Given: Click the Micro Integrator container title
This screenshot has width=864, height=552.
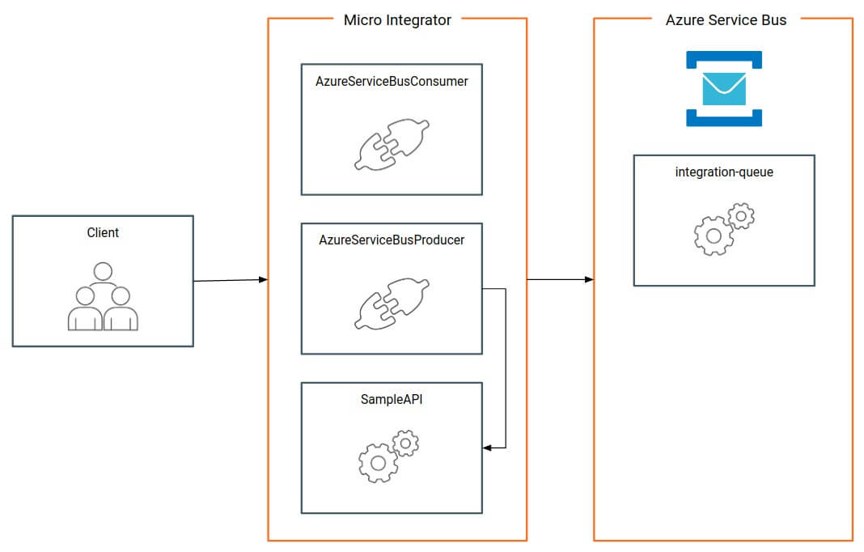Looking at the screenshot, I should pyautogui.click(x=397, y=20).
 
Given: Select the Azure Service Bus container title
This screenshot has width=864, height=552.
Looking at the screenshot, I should pyautogui.click(x=726, y=20).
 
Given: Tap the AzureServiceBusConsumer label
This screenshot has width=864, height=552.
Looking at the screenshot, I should pyautogui.click(x=392, y=81).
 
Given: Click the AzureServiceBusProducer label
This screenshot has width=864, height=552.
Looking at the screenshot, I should pyautogui.click(x=392, y=240).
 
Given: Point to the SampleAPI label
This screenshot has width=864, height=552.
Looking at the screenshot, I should pyautogui.click(x=392, y=399).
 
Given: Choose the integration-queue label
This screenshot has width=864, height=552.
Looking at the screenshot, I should pyautogui.click(x=724, y=172).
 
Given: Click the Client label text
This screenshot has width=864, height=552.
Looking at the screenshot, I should pyautogui.click(x=103, y=232).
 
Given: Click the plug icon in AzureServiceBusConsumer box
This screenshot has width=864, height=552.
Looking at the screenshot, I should pyautogui.click(x=392, y=145).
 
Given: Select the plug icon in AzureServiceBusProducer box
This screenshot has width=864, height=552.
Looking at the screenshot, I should pyautogui.click(x=392, y=304).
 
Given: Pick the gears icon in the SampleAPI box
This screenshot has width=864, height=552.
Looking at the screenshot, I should pyautogui.click(x=388, y=456).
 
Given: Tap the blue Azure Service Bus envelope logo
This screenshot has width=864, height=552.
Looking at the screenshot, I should pyautogui.click(x=724, y=89).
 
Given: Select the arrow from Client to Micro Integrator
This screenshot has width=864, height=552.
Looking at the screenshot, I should pyautogui.click(x=231, y=280).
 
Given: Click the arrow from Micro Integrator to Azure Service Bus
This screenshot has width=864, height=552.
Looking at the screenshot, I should pyautogui.click(x=560, y=279).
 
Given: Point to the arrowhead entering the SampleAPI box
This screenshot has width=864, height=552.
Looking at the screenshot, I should pyautogui.click(x=488, y=447).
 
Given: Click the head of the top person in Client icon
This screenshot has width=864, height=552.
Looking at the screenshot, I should pyautogui.click(x=103, y=271).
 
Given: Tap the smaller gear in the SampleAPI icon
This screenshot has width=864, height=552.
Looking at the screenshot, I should pyautogui.click(x=405, y=442).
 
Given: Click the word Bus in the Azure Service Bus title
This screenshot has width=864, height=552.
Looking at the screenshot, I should pyautogui.click(x=773, y=20).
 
